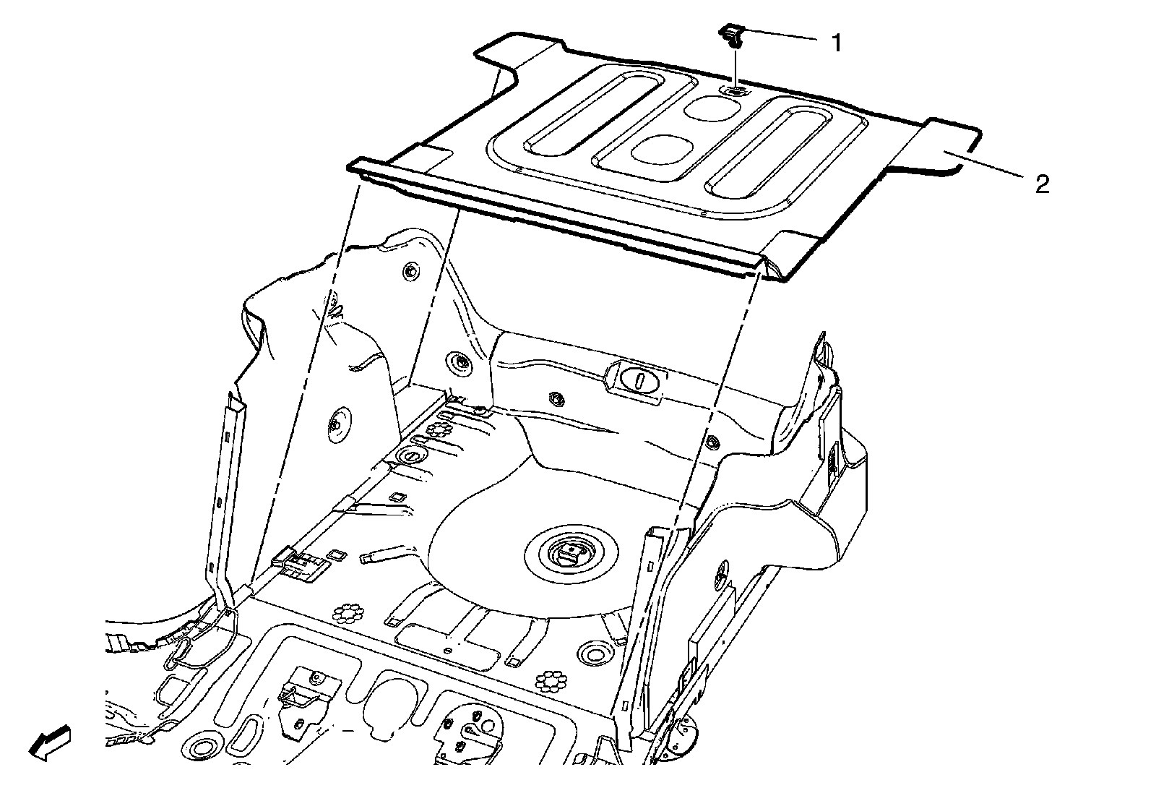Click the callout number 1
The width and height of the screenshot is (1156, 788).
coord(837,43)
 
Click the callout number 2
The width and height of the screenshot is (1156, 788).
coord(1041,185)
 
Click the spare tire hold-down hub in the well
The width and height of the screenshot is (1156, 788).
coord(569,555)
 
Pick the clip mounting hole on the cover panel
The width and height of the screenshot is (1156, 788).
coord(735,91)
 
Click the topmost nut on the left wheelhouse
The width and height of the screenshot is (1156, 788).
coord(410,272)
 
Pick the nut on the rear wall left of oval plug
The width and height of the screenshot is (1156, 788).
coord(556,398)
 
